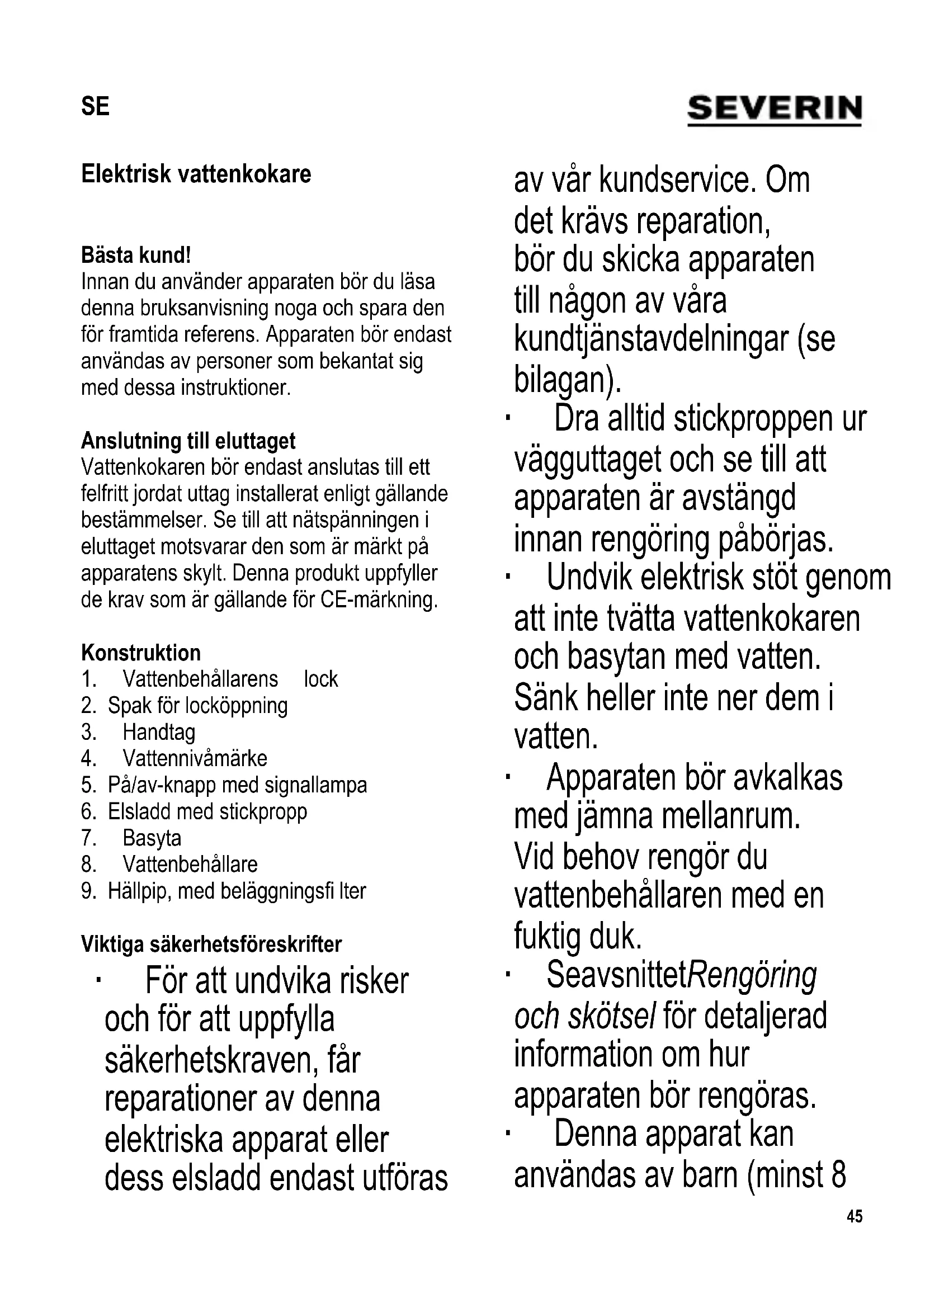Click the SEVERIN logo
[x=774, y=109]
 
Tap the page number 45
[x=855, y=1217]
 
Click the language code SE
[x=95, y=107]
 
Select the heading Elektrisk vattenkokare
[x=196, y=174]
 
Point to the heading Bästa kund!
[x=135, y=255]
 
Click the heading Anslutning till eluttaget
[x=188, y=440]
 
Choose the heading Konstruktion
[x=141, y=652]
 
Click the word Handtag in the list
[x=159, y=732]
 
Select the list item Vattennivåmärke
[x=195, y=758]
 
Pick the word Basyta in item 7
[x=152, y=838]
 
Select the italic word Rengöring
[x=753, y=976]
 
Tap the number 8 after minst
[x=838, y=1175]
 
